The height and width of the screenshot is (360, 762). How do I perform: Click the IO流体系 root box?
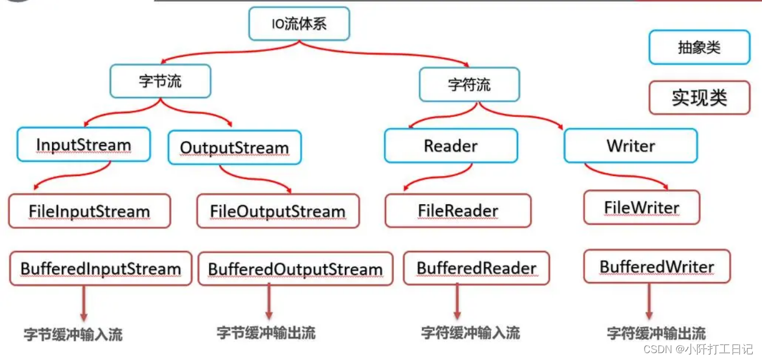pos(298,24)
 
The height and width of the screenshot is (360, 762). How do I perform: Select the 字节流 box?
pos(160,81)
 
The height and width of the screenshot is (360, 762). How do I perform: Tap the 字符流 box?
pos(469,85)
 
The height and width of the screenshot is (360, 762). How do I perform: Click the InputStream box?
pos(84,144)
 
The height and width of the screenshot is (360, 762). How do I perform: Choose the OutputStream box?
pos(234,148)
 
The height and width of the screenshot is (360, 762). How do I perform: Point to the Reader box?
pos(451,146)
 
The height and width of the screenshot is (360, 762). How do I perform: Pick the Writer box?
pos(630,146)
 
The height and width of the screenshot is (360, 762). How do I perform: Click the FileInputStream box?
pos(89,211)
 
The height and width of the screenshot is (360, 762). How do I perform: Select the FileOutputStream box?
pos(278,211)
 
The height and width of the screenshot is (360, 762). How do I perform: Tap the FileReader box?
pos(458,210)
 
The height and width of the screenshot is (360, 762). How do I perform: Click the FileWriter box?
pos(642,208)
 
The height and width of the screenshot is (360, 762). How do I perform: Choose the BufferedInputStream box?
pos(101,268)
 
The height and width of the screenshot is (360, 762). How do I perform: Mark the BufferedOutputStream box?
pos(295,269)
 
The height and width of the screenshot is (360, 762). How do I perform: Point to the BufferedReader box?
pos(476,268)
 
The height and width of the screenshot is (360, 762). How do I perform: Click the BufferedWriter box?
pos(657,267)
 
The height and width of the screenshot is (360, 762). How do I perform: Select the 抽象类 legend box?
pos(699,47)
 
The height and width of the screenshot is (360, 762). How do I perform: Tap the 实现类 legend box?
pos(699,97)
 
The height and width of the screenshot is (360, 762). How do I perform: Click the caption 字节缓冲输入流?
pos(73,334)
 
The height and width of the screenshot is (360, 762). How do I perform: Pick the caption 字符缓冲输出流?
pos(656,332)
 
